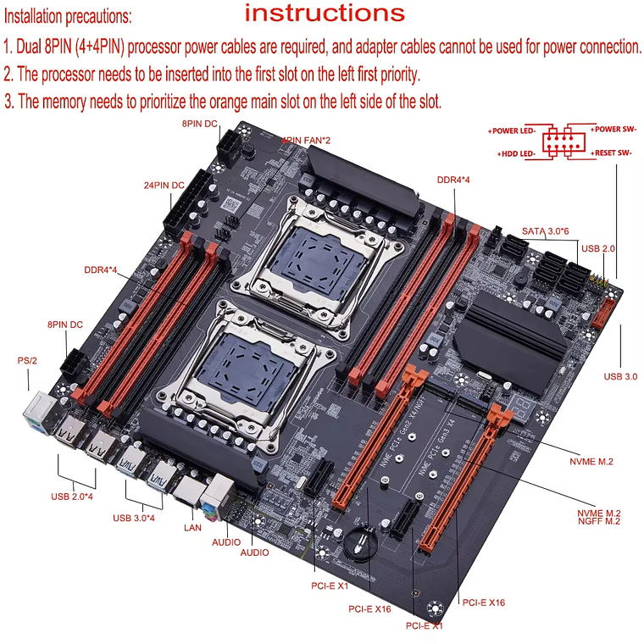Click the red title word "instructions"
pyautogui.click(x=325, y=13)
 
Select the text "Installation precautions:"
pyautogui.click(x=68, y=16)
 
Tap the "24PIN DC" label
pyautogui.click(x=163, y=185)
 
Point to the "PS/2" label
pyautogui.click(x=27, y=360)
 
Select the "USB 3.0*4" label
pyautogui.click(x=134, y=518)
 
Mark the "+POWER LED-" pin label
pyautogui.click(x=514, y=131)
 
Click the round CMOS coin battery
pyautogui.click(x=361, y=542)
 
